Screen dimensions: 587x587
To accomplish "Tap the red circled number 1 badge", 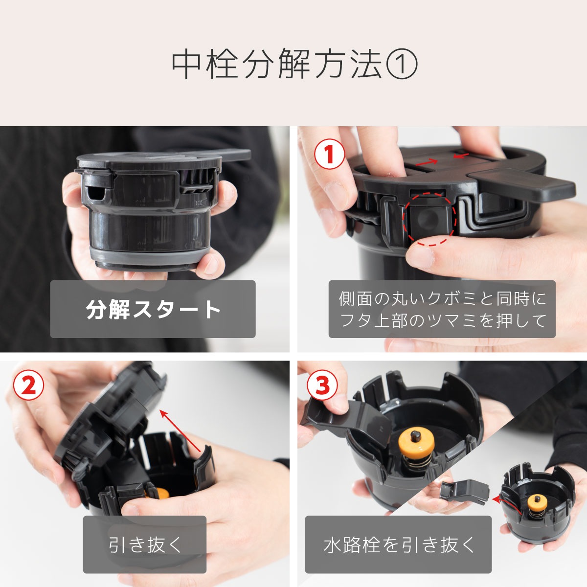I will click(330, 154).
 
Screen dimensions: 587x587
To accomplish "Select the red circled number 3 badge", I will click(322, 385).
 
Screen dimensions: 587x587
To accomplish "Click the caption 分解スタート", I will click(153, 309).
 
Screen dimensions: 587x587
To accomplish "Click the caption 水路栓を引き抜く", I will click(398, 544).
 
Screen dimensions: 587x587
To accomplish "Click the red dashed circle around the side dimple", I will click(429, 218).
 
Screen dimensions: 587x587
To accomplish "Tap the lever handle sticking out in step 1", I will click(523, 183).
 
